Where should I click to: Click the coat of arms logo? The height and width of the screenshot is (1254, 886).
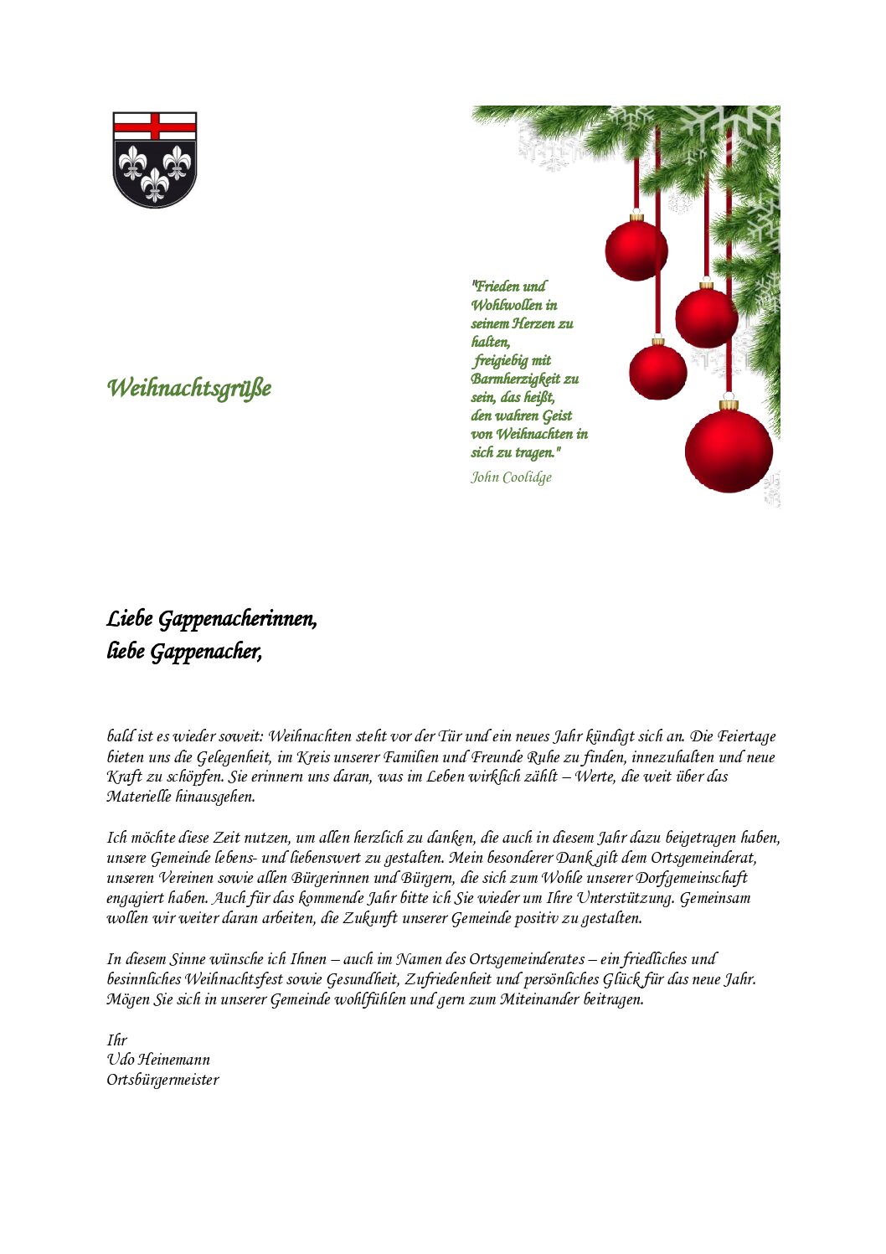pyautogui.click(x=155, y=159)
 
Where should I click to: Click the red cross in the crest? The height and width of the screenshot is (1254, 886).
pyautogui.click(x=155, y=126)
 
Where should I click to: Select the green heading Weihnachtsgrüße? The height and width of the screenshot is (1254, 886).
pyautogui.click(x=189, y=389)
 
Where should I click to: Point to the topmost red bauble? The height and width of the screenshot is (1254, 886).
pyautogui.click(x=636, y=250)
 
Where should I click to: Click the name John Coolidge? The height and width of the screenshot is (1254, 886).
pyautogui.click(x=511, y=477)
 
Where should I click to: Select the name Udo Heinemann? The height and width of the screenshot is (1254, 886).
pyautogui.click(x=158, y=1060)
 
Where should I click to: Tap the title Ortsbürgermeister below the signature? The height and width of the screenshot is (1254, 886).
pyautogui.click(x=162, y=1080)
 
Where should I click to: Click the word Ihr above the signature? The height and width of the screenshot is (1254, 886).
pyautogui.click(x=116, y=1040)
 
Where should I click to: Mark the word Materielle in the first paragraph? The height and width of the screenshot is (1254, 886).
pyautogui.click(x=139, y=797)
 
